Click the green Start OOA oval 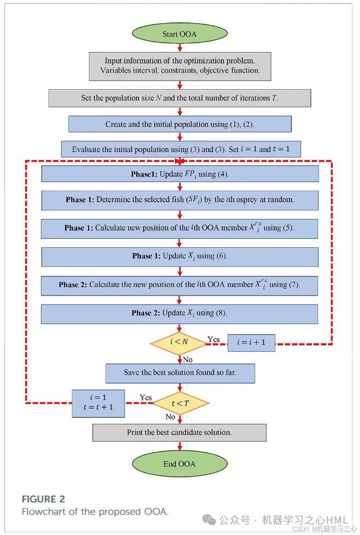[x=179, y=34]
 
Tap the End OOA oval [x=179, y=464]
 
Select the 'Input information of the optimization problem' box [x=180, y=66]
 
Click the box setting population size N [x=179, y=98]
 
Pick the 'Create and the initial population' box [x=179, y=124]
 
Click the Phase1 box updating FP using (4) [x=179, y=174]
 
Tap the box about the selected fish [x=179, y=200]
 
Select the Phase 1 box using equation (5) [x=179, y=228]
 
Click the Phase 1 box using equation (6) [x=179, y=256]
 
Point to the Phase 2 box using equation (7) [x=179, y=285]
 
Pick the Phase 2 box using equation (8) [x=179, y=313]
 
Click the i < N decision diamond [x=179, y=342]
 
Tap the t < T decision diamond [x=181, y=403]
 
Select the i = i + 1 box [x=251, y=343]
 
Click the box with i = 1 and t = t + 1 [x=98, y=403]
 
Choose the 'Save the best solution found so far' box [x=180, y=372]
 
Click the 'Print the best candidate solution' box [x=179, y=432]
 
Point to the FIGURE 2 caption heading [x=47, y=499]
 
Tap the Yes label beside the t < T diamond [x=146, y=398]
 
